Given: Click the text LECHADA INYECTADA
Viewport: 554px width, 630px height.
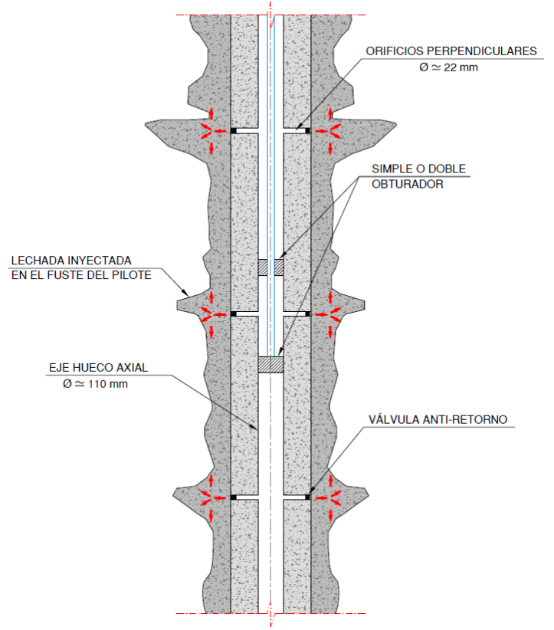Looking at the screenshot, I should [x=70, y=261].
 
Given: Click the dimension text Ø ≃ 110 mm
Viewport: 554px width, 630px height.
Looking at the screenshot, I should [x=95, y=383].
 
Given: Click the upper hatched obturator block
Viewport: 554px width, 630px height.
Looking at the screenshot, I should [x=270, y=267].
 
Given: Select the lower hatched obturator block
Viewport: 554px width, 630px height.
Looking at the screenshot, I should [x=270, y=365].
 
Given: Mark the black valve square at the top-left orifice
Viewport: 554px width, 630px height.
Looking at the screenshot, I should [x=233, y=131].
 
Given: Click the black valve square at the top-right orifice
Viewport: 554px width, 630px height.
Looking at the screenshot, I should [x=308, y=131].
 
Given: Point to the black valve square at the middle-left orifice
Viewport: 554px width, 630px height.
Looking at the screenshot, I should [x=233, y=313].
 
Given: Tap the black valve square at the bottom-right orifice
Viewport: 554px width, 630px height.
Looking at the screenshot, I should [x=308, y=497].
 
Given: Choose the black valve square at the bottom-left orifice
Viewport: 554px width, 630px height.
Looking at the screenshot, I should [x=233, y=497].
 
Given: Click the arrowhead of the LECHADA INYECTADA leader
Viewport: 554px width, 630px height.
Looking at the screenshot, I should [x=187, y=295].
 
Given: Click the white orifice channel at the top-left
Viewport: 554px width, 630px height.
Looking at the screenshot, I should [x=247, y=131].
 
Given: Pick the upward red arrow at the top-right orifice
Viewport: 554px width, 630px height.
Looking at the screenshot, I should [x=331, y=115].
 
